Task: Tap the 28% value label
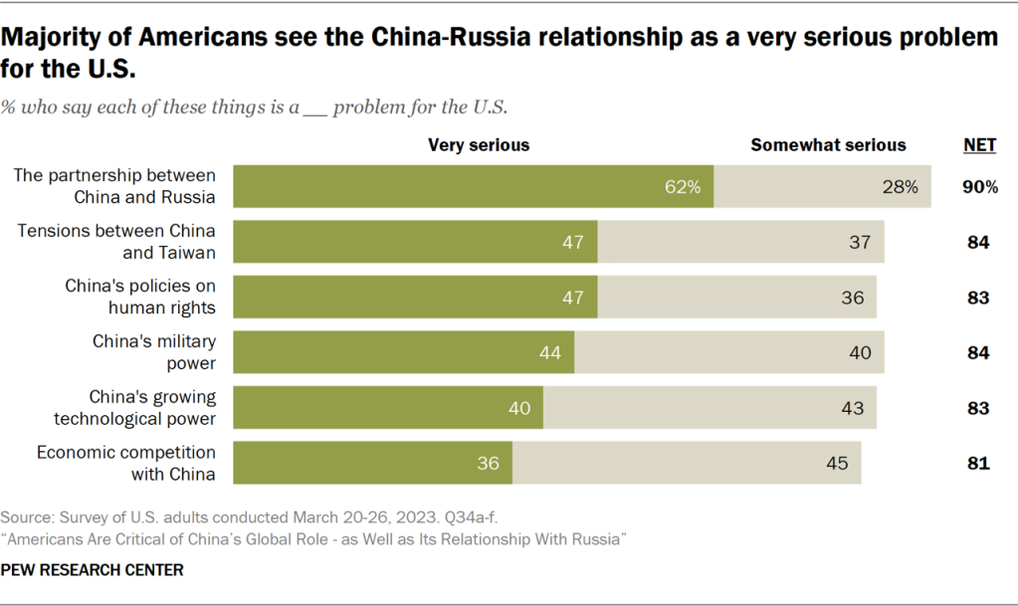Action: tap(901, 186)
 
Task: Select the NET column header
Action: tap(979, 145)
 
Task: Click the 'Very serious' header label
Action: tap(479, 145)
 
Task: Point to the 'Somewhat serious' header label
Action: tap(828, 145)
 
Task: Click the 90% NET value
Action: tap(979, 186)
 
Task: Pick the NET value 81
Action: tap(979, 463)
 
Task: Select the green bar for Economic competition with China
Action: tap(372, 463)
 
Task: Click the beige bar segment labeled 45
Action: tap(687, 463)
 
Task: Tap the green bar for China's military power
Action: tap(403, 352)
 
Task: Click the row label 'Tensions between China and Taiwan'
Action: tap(116, 242)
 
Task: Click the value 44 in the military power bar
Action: tap(551, 352)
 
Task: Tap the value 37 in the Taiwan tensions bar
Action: tap(860, 242)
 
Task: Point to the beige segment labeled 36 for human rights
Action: tap(736, 297)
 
